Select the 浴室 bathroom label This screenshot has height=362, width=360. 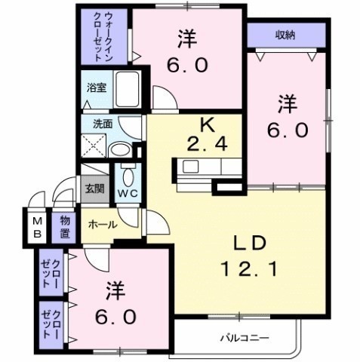(97, 88)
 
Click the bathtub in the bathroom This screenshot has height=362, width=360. (128, 89)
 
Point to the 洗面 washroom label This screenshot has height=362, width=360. (103, 124)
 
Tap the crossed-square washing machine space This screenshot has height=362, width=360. (94, 146)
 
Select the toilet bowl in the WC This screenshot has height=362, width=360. (128, 176)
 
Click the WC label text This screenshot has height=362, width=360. (128, 194)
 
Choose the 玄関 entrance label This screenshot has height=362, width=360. (94, 189)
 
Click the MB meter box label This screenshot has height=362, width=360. (38, 228)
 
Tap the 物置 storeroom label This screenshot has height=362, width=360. (65, 227)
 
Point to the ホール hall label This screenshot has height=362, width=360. (103, 225)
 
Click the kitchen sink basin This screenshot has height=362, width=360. (190, 167)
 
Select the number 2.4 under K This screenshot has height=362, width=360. (208, 144)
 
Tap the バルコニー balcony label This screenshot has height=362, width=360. (245, 338)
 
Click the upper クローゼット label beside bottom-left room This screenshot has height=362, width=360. (51, 273)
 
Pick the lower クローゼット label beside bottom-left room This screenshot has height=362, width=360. (51, 324)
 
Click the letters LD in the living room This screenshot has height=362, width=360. (250, 244)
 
